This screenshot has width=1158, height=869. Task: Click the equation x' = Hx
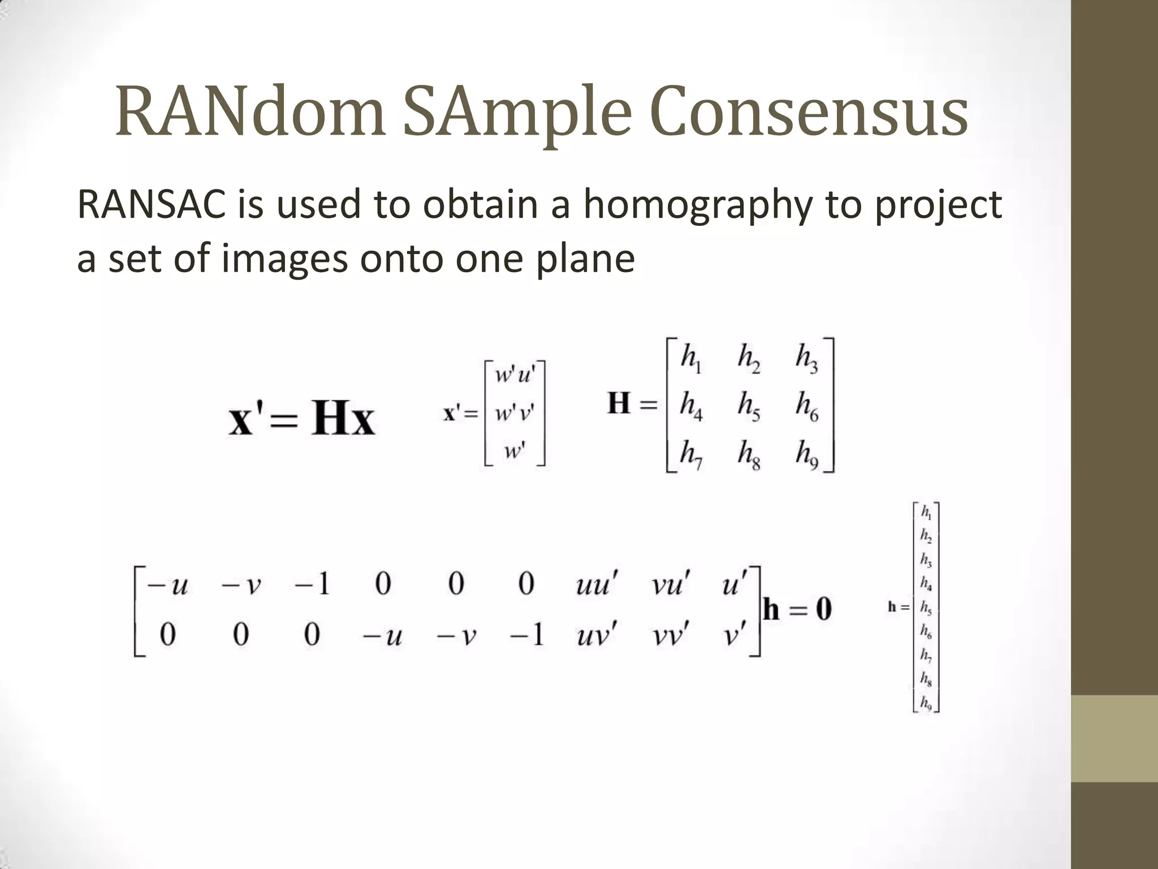301,420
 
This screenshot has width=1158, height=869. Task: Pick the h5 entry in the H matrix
749,406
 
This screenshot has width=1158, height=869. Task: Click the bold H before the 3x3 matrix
619,404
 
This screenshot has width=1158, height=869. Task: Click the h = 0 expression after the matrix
797,610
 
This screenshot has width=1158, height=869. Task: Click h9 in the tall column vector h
926,703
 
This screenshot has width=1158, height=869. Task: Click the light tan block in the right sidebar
1114,738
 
